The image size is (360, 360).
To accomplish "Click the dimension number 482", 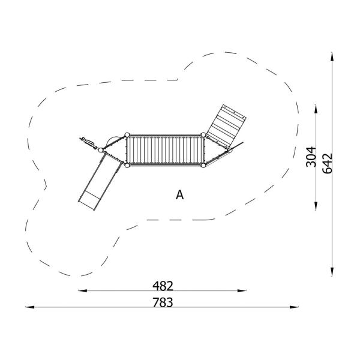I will [x=163, y=285].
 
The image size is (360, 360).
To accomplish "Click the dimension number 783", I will [x=163, y=302].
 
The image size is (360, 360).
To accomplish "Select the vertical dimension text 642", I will [x=328, y=163].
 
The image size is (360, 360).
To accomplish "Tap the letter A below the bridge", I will [x=179, y=195].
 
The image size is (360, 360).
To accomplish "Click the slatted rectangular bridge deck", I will [x=165, y=150].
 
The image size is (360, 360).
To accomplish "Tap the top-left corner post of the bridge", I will [x=127, y=135].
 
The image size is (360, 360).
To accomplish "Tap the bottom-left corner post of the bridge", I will [x=127, y=165].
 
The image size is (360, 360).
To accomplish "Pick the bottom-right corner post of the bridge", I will [x=204, y=165].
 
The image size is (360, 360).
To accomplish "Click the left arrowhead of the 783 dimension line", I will [x=28, y=307].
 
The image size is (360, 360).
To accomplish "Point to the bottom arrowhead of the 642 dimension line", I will [x=333, y=272].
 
